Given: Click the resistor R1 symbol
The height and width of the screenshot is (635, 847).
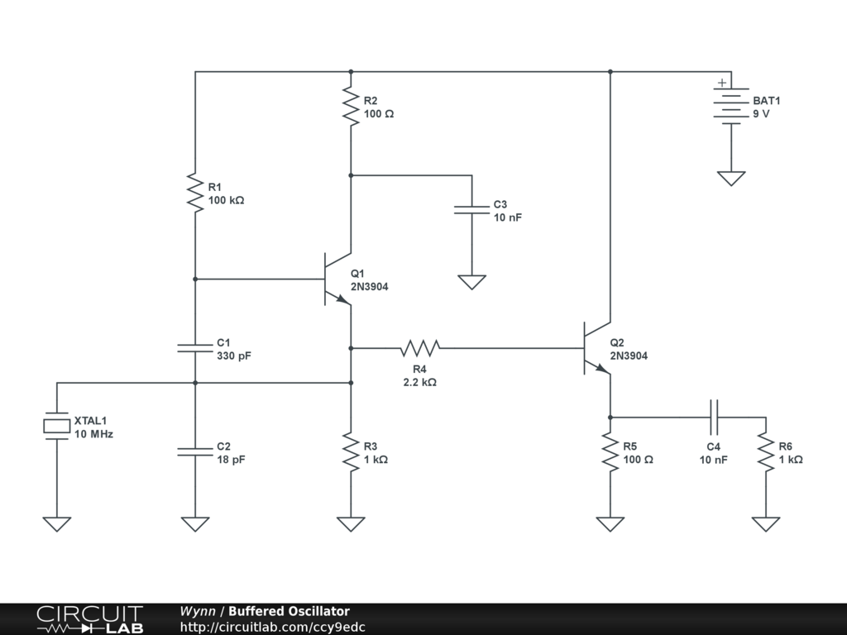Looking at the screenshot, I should pyautogui.click(x=195, y=193).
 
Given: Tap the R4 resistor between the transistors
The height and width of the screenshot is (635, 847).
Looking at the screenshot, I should pyautogui.click(x=420, y=347).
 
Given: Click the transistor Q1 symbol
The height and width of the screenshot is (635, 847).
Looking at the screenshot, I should pyautogui.click(x=337, y=279).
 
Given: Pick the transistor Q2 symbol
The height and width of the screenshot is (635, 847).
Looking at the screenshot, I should pyautogui.click(x=597, y=348).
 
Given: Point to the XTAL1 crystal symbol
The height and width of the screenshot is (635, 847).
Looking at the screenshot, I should pyautogui.click(x=56, y=426).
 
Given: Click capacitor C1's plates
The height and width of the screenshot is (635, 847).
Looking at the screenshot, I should pyautogui.click(x=195, y=348).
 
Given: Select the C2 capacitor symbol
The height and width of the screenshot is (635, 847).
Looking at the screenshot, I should pyautogui.click(x=195, y=451).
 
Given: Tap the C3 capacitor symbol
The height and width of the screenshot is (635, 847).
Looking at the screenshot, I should pyautogui.click(x=471, y=210).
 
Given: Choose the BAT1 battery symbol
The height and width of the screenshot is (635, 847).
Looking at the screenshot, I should pyautogui.click(x=731, y=106).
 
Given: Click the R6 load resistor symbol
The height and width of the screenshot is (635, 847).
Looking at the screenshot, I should pyautogui.click(x=766, y=452).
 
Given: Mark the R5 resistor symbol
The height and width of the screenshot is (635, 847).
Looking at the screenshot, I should pyautogui.click(x=610, y=452).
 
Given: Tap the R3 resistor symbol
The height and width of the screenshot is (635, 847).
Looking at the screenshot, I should pyautogui.click(x=351, y=452).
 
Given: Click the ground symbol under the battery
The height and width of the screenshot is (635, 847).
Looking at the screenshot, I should pyautogui.click(x=731, y=178).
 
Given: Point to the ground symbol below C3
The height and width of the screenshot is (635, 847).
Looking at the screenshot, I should pyautogui.click(x=471, y=282).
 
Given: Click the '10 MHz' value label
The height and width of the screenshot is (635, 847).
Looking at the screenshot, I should pyautogui.click(x=93, y=433).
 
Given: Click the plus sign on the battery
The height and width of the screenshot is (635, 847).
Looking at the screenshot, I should pyautogui.click(x=722, y=82).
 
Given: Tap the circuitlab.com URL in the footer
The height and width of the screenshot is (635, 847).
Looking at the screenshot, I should pyautogui.click(x=272, y=628).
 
